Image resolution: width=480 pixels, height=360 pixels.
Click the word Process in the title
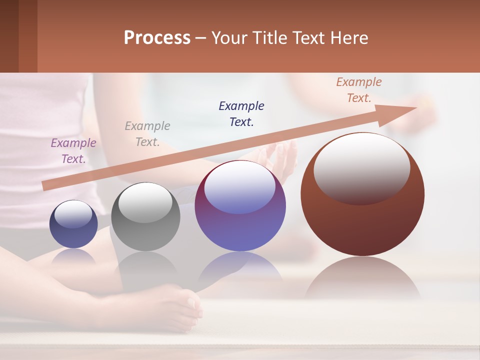click(157, 38)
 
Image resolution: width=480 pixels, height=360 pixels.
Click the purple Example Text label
click(73, 151)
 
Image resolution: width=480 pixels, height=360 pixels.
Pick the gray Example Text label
click(147, 134)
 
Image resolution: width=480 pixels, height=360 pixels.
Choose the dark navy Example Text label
click(241, 113)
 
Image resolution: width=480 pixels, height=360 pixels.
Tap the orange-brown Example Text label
click(359, 90)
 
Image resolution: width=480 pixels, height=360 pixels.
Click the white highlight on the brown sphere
click(361, 167)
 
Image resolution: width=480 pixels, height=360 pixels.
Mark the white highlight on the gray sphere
click(145, 202)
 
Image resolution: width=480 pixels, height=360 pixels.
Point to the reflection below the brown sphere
click(362, 277)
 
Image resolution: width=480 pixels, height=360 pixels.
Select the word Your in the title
click(227, 38)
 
